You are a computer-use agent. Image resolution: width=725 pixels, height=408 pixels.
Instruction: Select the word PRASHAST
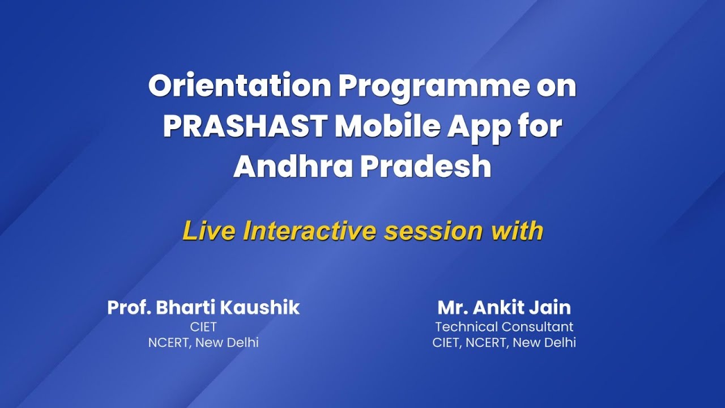(x=245, y=127)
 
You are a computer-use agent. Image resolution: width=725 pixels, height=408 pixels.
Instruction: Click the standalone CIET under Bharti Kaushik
(x=203, y=327)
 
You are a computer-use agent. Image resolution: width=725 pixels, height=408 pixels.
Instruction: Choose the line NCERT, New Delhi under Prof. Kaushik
(x=203, y=343)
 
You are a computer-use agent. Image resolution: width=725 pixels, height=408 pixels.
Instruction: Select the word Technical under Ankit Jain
(x=462, y=327)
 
